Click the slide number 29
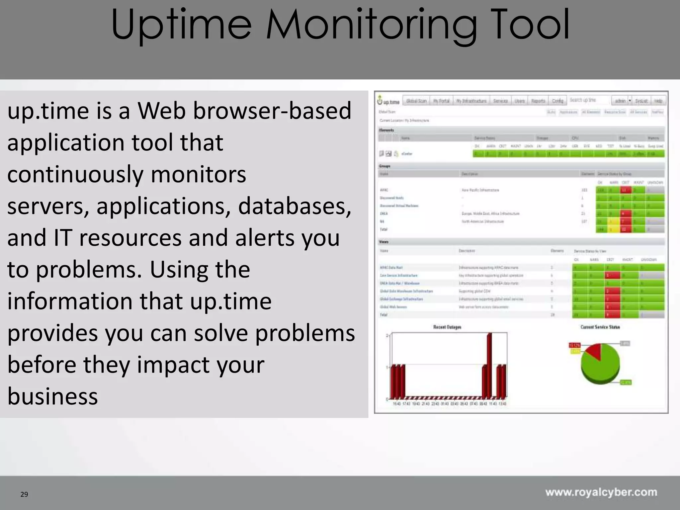click(x=24, y=494)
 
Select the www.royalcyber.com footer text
click(x=601, y=492)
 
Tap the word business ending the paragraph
click(x=52, y=396)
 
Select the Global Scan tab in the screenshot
click(x=416, y=101)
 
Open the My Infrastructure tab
click(x=471, y=101)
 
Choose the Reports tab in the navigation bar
click(x=538, y=101)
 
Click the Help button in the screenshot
click(x=658, y=101)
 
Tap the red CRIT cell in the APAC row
click(x=626, y=190)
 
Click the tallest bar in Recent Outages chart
click(x=489, y=365)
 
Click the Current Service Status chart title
click(x=600, y=327)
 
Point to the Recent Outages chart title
click(x=447, y=327)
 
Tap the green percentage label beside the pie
click(x=626, y=382)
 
